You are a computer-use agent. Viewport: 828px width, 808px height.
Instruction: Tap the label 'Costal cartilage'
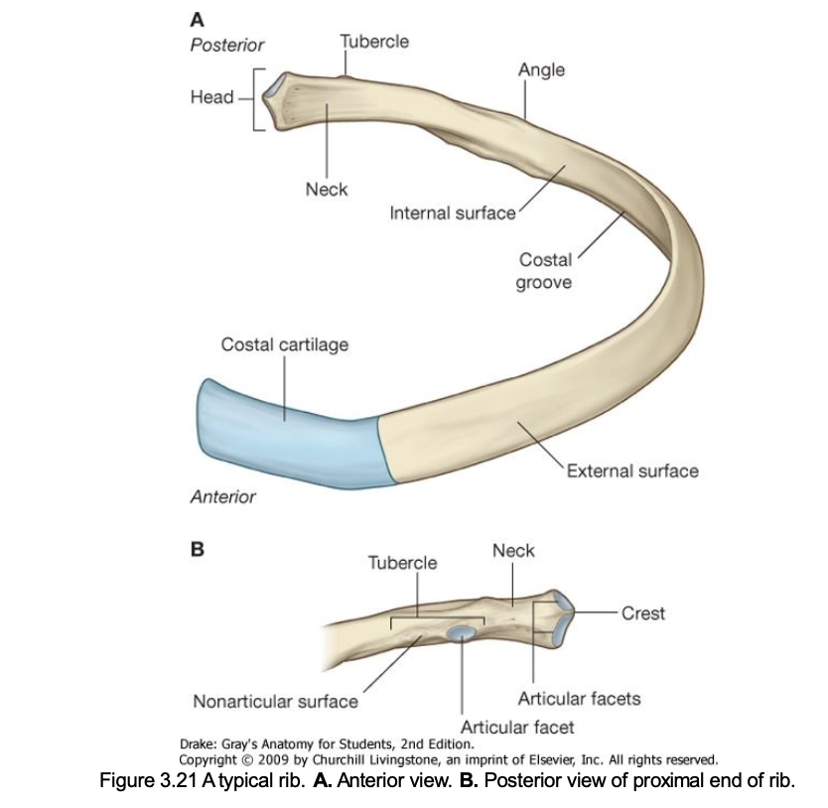pyautogui.click(x=284, y=344)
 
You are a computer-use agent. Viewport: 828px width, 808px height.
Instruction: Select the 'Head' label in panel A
pyautogui.click(x=211, y=97)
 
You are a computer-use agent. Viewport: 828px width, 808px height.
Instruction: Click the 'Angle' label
pyautogui.click(x=541, y=68)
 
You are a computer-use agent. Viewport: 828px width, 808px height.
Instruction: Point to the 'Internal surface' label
pyautogui.click(x=453, y=213)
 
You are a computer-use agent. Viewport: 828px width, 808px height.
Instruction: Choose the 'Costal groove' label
pyautogui.click(x=546, y=270)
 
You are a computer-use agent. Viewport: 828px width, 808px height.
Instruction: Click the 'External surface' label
pyautogui.click(x=632, y=471)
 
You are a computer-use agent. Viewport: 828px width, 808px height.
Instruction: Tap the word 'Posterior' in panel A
pyautogui.click(x=226, y=45)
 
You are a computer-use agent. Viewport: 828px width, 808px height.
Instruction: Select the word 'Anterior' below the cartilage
pyautogui.click(x=222, y=496)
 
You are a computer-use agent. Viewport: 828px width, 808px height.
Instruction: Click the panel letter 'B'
pyautogui.click(x=196, y=547)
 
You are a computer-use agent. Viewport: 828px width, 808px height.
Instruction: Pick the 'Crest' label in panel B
pyautogui.click(x=643, y=612)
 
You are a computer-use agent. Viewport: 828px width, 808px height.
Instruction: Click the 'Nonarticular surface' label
pyautogui.click(x=275, y=702)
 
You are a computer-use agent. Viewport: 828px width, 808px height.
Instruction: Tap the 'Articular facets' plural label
pyautogui.click(x=580, y=698)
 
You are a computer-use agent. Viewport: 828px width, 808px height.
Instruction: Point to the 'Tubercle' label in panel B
pyautogui.click(x=402, y=563)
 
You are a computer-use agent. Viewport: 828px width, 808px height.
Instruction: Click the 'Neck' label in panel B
pyautogui.click(x=513, y=551)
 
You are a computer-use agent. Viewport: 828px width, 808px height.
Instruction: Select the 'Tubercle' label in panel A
pyautogui.click(x=373, y=42)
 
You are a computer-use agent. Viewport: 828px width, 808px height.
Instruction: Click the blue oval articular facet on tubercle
pyautogui.click(x=462, y=632)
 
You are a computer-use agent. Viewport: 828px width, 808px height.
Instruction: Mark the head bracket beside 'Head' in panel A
pyautogui.click(x=257, y=98)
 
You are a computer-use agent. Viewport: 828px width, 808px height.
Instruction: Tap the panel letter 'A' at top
pyautogui.click(x=196, y=20)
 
